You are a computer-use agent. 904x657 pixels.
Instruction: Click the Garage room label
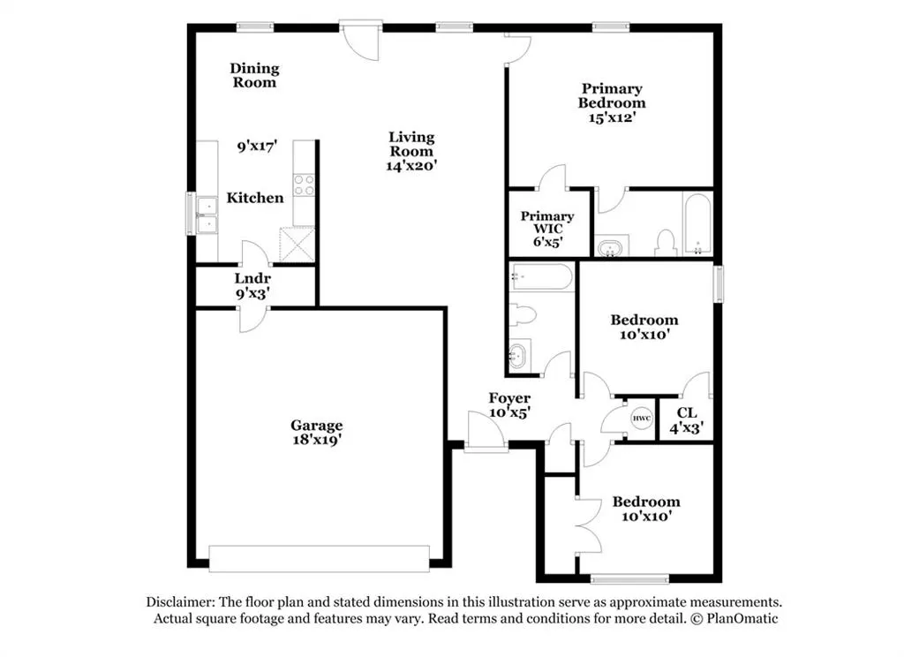(x=317, y=426)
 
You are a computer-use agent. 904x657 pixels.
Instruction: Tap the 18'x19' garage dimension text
(x=317, y=440)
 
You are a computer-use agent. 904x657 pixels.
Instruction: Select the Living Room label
(x=411, y=144)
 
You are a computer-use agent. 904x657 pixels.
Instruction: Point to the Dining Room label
(x=254, y=76)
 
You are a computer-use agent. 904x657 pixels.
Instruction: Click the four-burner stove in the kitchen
(x=305, y=185)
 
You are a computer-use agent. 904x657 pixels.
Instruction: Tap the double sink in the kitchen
(x=207, y=215)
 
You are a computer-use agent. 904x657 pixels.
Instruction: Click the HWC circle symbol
(x=642, y=419)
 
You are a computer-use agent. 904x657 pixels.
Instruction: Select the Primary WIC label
(x=547, y=222)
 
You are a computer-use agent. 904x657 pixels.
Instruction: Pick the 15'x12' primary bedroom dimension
(x=613, y=117)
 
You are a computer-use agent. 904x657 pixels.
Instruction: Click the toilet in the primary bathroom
(x=666, y=243)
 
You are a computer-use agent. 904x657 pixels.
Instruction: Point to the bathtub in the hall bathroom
(x=542, y=277)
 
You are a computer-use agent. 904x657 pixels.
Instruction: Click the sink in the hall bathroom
(x=517, y=355)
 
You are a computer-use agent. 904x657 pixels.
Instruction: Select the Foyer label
(x=509, y=398)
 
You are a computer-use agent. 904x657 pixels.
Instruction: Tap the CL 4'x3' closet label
(x=687, y=420)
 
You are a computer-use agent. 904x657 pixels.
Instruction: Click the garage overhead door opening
(x=319, y=559)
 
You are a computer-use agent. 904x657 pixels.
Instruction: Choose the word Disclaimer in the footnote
(x=180, y=602)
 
